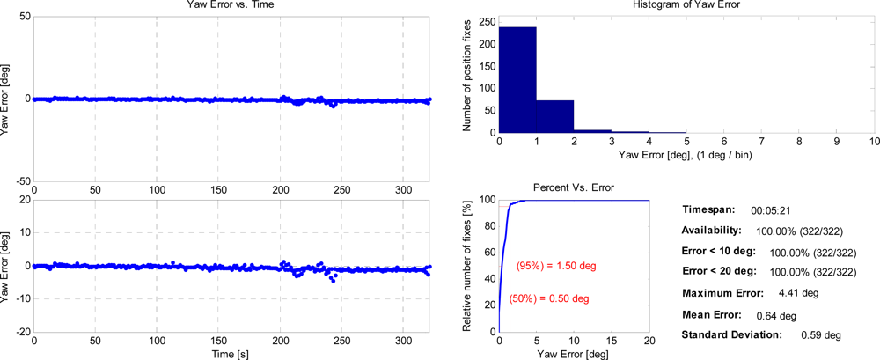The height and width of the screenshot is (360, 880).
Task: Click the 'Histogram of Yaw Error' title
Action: coord(686,6)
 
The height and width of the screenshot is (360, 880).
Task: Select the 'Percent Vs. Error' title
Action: coord(574,188)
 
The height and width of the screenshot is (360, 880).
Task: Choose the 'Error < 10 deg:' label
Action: coord(718,252)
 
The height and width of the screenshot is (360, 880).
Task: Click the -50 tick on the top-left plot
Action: coord(19,180)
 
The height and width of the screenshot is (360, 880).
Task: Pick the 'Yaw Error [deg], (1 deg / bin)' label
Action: coord(686,155)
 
